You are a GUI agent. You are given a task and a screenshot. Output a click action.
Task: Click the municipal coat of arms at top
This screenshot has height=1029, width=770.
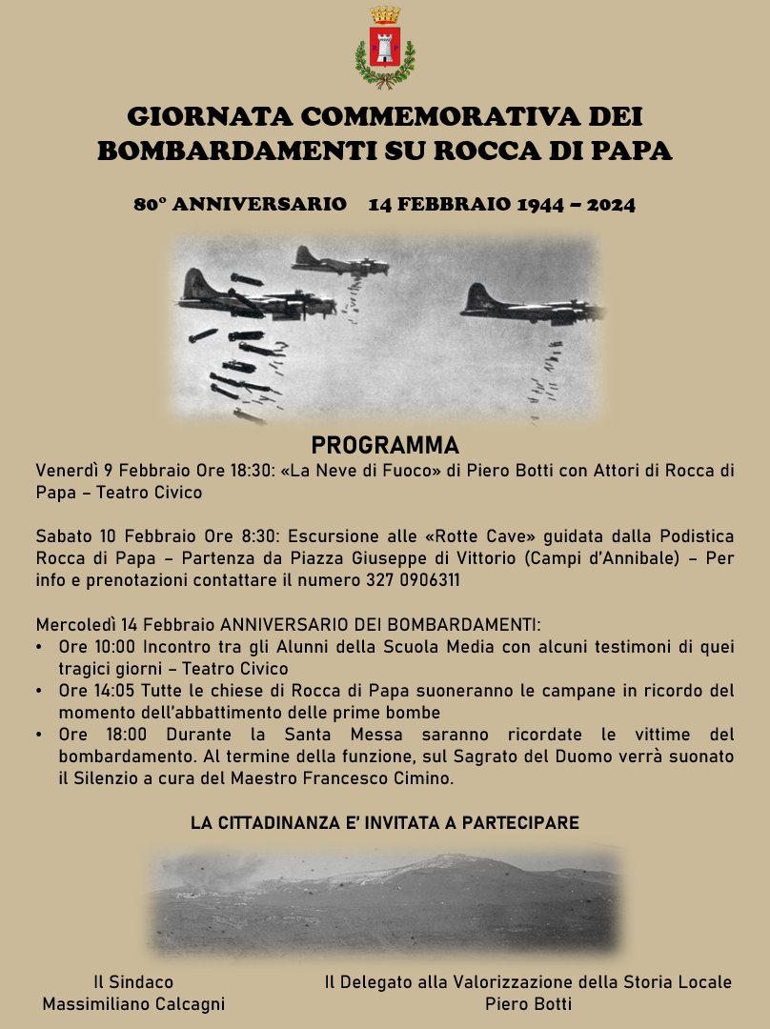[x=385, y=48]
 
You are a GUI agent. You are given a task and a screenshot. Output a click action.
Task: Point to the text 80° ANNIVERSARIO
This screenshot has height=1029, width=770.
[x=240, y=204]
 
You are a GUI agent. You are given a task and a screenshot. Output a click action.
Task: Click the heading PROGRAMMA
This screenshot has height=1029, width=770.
[x=385, y=446]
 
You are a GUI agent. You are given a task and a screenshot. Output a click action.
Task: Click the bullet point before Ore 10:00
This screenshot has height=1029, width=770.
[x=38, y=647]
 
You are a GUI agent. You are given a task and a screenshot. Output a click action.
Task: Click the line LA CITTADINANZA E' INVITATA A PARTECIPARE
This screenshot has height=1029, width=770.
[x=385, y=822]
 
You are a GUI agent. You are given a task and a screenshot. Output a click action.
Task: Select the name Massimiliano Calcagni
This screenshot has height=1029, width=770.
[x=133, y=1004]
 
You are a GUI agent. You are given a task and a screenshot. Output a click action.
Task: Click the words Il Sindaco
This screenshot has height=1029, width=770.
[x=133, y=982]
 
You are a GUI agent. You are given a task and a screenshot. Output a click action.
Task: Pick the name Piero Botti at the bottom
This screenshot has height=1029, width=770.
[x=528, y=1004]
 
